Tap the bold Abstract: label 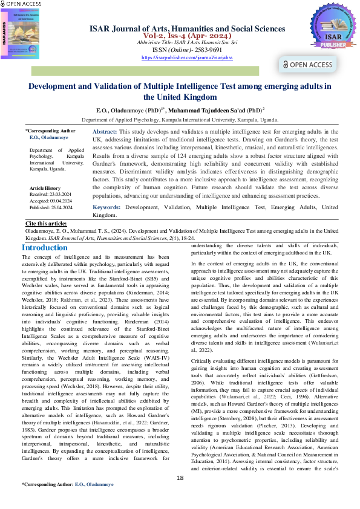pyautogui.click(x=104, y=131)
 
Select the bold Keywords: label pyautogui.click(x=106, y=207)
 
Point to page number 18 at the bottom pyautogui.click(x=180, y=496)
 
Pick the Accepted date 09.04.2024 pyautogui.click(x=50, y=201)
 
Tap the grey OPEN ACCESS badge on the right pyautogui.click(x=307, y=65)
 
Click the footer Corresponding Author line pyautogui.click(x=67, y=502)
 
